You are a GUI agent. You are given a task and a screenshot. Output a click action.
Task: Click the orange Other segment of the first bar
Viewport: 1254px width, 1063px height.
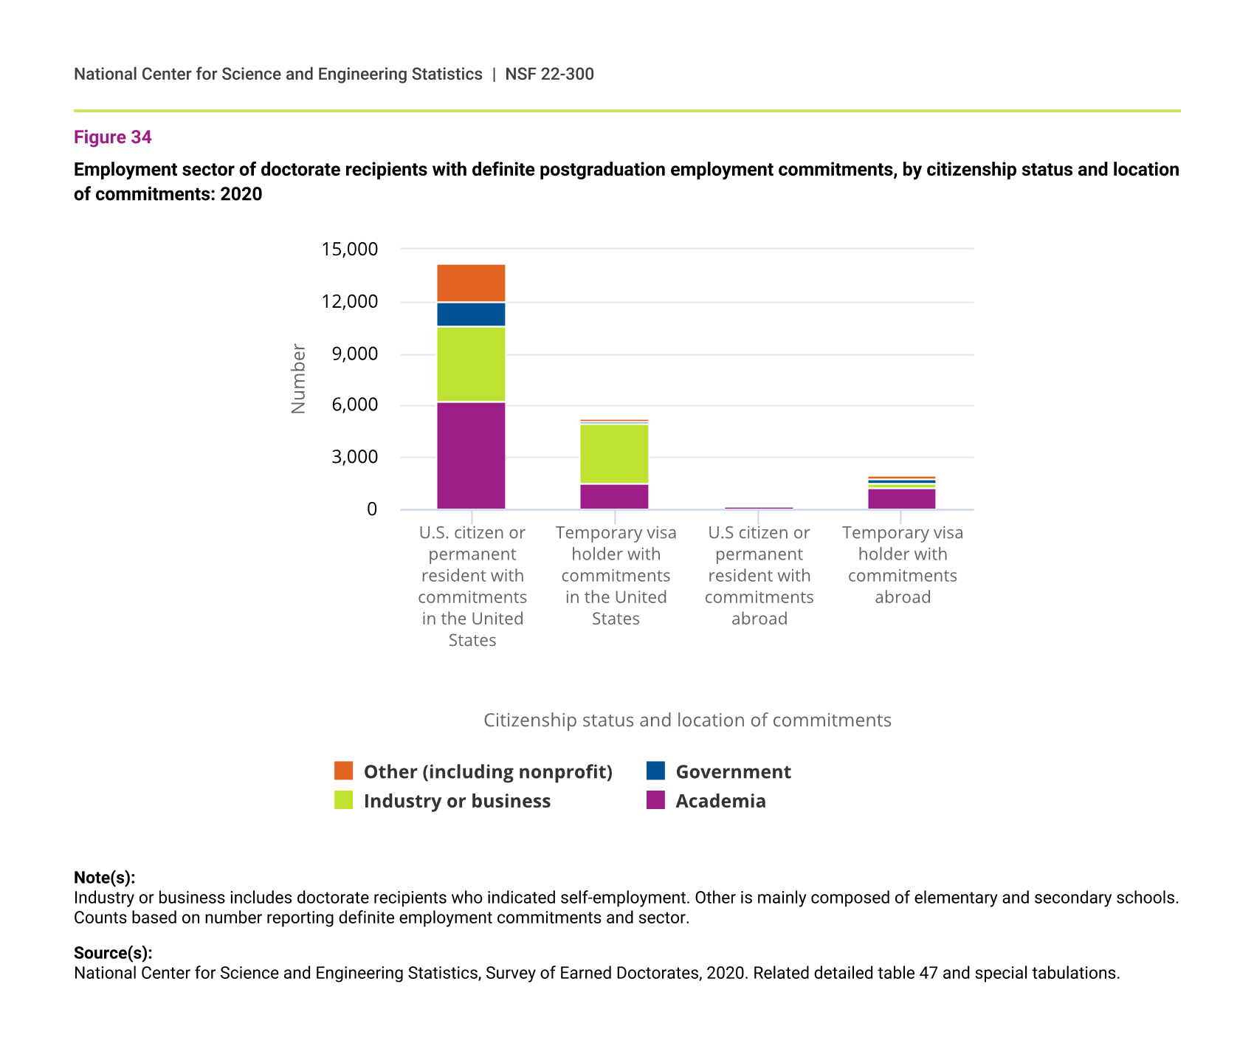pos(471,283)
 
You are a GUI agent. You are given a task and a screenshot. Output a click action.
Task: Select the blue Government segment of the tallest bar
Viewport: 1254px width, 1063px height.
pos(471,314)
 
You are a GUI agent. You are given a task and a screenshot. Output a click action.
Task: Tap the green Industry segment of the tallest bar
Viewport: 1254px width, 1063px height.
pos(471,364)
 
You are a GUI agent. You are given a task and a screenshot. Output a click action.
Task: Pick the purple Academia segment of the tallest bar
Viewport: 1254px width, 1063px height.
pos(471,455)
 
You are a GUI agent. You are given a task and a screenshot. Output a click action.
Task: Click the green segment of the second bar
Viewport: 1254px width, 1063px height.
pos(614,454)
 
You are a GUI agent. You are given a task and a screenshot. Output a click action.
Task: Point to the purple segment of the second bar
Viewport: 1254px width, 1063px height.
pos(614,497)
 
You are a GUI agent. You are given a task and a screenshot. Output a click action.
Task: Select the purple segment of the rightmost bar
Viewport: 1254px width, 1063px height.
pos(901,499)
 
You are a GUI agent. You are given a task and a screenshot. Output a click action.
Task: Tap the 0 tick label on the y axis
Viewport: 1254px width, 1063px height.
pos(372,509)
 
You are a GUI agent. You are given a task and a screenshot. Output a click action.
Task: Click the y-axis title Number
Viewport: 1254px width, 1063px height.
pos(298,379)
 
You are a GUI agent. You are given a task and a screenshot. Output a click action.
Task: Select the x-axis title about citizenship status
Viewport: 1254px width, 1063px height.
pos(687,720)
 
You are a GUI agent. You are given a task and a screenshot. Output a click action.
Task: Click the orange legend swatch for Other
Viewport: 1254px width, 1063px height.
pos(344,771)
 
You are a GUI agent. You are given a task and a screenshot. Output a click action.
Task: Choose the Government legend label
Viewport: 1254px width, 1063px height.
pos(733,772)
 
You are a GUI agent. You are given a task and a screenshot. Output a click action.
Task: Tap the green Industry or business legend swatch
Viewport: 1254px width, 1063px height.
pos(344,800)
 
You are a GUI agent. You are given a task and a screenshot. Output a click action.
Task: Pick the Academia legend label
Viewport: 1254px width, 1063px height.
pos(720,802)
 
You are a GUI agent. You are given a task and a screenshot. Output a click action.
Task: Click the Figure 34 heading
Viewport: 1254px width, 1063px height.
pos(113,137)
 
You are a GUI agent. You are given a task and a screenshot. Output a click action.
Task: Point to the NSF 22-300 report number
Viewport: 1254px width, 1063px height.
pos(549,74)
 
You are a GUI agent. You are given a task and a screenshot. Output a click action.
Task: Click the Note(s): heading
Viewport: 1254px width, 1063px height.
pos(104,878)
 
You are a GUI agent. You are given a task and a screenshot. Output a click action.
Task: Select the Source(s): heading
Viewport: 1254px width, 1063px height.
pos(113,953)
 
